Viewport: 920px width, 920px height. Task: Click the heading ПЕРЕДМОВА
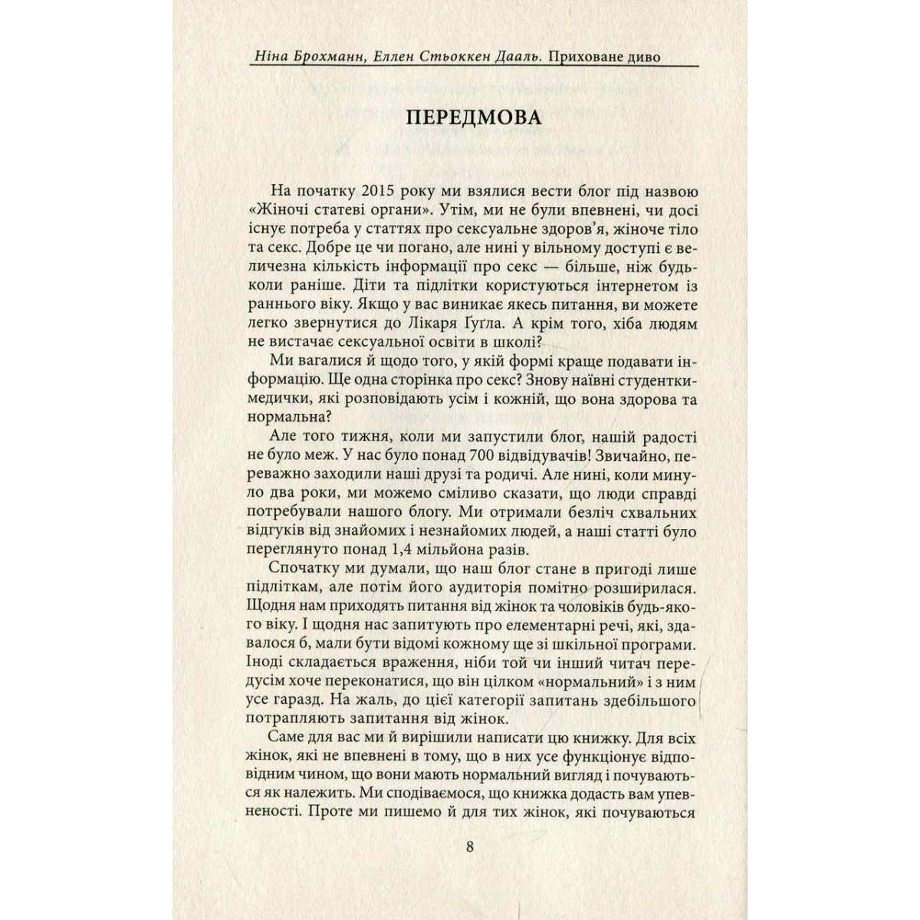point(473,118)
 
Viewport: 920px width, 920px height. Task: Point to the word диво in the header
point(642,57)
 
